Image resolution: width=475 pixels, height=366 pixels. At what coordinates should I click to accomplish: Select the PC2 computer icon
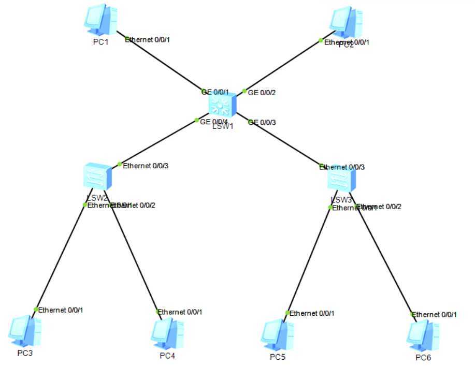click(346, 22)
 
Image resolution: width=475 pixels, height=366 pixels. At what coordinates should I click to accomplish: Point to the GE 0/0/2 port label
click(262, 93)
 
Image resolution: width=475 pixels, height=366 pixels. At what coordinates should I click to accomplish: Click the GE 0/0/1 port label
click(215, 92)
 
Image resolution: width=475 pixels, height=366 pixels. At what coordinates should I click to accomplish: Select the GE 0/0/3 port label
click(262, 123)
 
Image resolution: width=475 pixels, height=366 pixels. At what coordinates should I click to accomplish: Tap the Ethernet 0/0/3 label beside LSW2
click(146, 166)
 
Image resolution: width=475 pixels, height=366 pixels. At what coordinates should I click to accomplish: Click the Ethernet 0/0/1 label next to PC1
click(148, 39)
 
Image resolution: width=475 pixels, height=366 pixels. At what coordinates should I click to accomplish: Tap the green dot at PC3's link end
click(36, 310)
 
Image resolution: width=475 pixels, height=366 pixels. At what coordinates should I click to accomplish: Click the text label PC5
click(277, 357)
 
